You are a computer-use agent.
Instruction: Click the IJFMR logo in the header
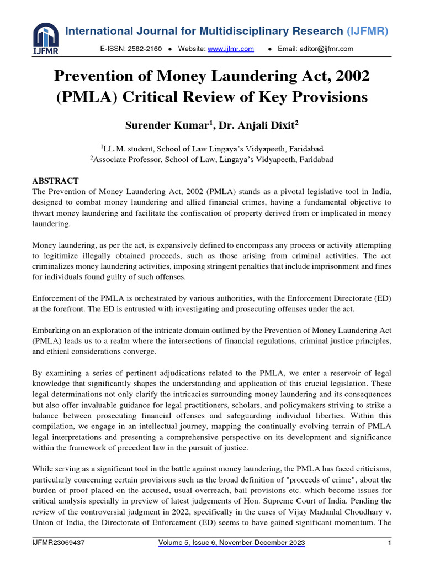point(45,38)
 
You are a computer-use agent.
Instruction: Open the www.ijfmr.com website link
point(230,49)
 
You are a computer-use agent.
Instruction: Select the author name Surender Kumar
point(163,125)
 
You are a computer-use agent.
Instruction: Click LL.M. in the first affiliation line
point(116,149)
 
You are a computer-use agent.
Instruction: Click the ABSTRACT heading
point(55,181)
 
